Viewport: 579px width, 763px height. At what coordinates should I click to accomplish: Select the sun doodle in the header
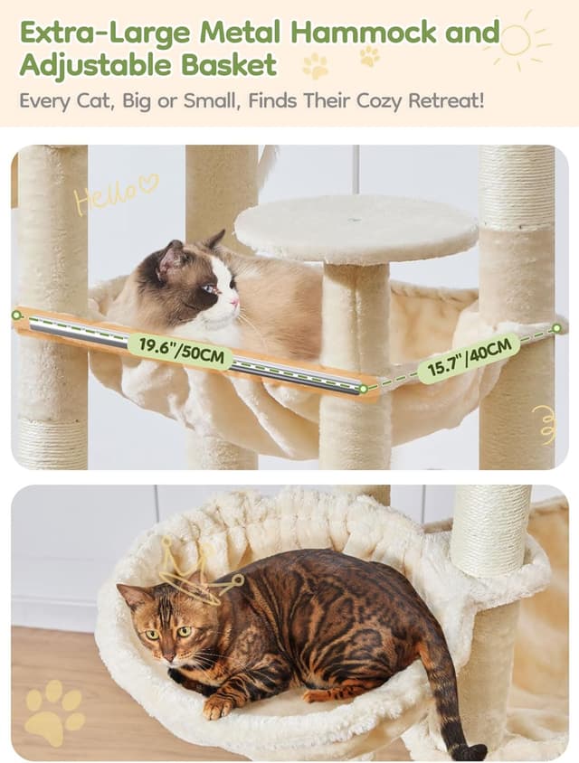pos(516,40)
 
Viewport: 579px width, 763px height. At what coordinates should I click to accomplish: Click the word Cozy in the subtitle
pos(363,99)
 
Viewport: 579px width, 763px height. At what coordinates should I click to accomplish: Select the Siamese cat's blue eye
pos(210,289)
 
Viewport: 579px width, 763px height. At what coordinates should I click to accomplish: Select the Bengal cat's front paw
pos(219,706)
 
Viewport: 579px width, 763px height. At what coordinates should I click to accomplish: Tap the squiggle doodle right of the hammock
pos(545,423)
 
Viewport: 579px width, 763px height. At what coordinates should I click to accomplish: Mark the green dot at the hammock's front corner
pos(363,389)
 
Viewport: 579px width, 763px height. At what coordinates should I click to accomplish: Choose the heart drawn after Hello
pos(148,184)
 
